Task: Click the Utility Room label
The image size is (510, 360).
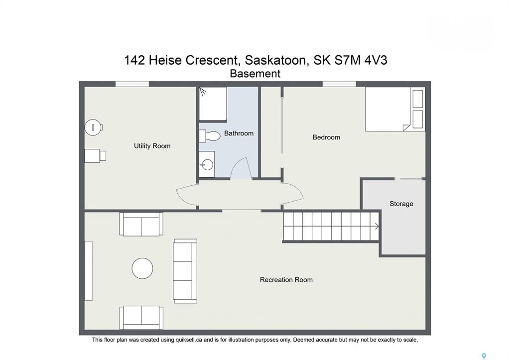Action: point(152,146)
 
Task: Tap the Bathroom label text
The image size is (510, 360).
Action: point(239,133)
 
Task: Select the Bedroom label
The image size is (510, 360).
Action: point(326,137)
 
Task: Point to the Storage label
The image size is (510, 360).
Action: point(401,204)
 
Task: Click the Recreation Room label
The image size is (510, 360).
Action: point(286,280)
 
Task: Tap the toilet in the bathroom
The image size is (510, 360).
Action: point(210,136)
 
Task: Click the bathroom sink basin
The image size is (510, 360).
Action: point(207,164)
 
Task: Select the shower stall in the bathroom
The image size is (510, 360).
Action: point(213,104)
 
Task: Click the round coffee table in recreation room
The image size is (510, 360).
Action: point(142,268)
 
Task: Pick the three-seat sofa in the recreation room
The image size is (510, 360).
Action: point(185,271)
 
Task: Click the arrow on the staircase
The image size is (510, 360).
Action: point(377,226)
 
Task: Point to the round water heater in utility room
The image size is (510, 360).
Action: point(94,127)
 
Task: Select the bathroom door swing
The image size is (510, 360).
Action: point(241,168)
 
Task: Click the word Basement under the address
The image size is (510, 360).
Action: point(255,74)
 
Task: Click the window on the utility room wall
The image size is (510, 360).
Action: point(132,84)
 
